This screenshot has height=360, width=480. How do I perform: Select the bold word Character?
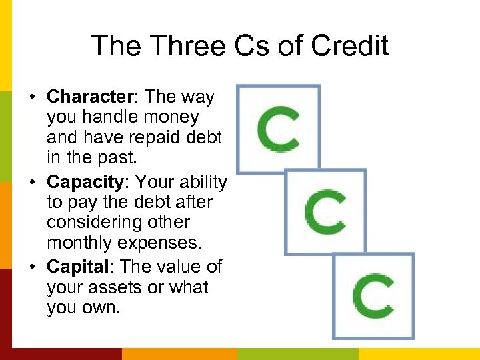pos(91,97)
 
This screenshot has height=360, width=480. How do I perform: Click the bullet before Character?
pos(31,97)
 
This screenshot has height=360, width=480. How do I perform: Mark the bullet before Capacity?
pos(31,182)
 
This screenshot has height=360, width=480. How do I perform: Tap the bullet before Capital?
pos(31,267)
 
